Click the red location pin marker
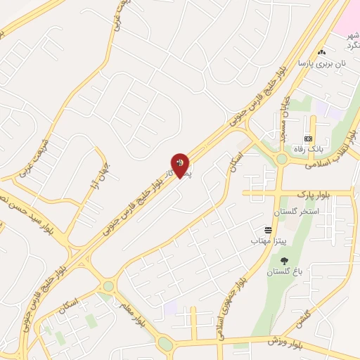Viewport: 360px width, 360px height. point(181,165)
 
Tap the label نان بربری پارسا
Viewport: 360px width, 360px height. point(323,63)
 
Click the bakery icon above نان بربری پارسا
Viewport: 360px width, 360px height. point(322,52)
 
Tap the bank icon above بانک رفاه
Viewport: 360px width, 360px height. point(308,139)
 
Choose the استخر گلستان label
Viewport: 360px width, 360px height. point(300,210)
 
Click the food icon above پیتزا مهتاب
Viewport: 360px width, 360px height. point(268,230)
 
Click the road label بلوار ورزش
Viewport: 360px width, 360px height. point(285,341)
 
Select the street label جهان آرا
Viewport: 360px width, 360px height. point(91,176)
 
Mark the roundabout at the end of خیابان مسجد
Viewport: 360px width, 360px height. point(282,159)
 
